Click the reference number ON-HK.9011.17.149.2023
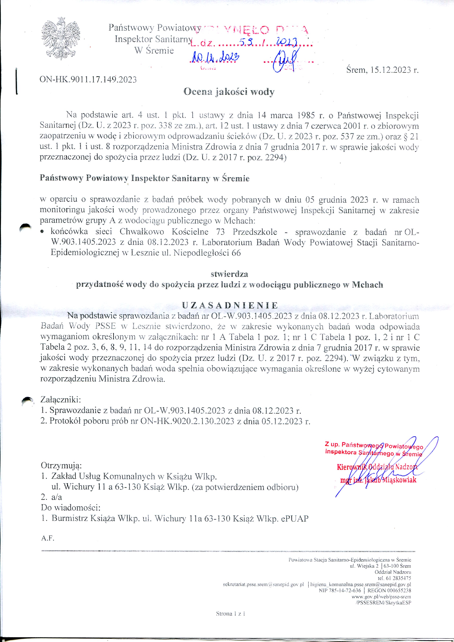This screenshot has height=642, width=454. tap(88, 80)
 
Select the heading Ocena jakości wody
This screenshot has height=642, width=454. tap(229, 92)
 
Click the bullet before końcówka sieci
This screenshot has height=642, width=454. tap(42, 232)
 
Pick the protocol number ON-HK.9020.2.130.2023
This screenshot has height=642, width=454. tap(187, 421)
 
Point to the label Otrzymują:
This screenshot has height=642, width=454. tap(61, 466)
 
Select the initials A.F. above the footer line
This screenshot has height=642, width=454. tap(48, 538)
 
